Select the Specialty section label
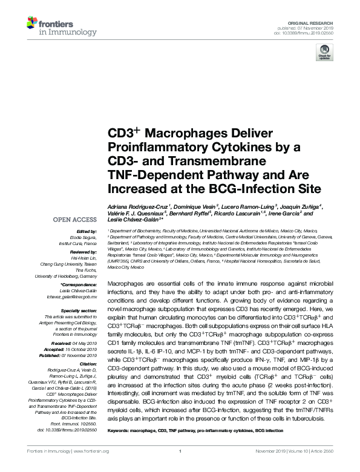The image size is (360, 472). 80,310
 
